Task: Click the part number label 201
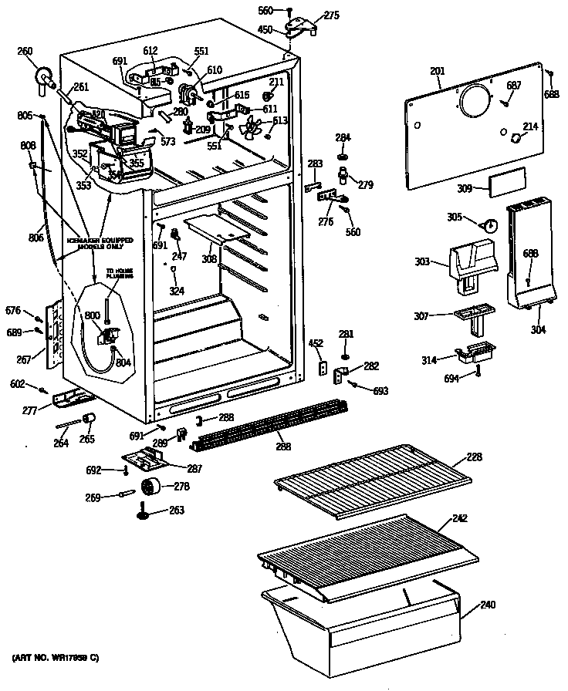(438, 72)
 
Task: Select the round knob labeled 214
(516, 138)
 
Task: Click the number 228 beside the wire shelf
(474, 457)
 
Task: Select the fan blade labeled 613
(252, 126)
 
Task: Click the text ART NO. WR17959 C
(56, 657)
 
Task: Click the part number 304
(538, 329)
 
